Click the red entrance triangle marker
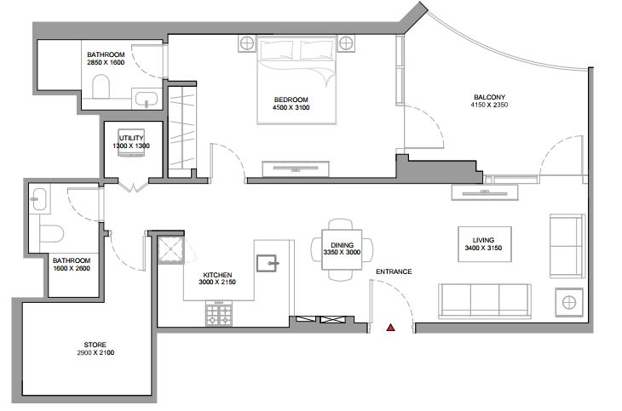point(391,328)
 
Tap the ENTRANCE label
point(394,271)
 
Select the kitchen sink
point(267,263)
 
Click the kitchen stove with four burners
point(219,313)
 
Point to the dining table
point(342,249)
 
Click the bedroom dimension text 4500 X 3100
point(291,107)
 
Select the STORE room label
point(95,345)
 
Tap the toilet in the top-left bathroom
point(101,87)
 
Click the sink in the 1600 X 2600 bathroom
point(39,199)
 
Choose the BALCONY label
point(489,97)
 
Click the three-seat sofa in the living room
point(484,301)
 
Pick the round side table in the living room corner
point(569,302)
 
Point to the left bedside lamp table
point(247,43)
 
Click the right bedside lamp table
point(346,43)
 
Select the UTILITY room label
point(131,138)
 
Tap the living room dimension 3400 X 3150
point(483,248)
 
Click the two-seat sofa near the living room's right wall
point(567,246)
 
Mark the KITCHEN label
point(217,275)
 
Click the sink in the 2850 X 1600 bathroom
point(146,99)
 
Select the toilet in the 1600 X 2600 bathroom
point(52,233)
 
